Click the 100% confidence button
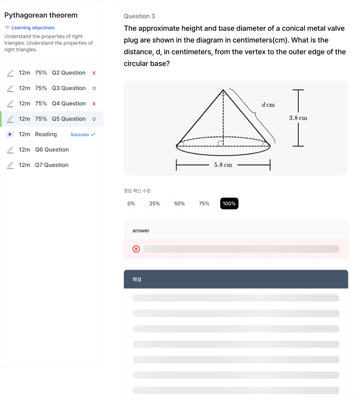229,203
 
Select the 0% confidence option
131,203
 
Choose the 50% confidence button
180,203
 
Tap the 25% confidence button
155,203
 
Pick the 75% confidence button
204,203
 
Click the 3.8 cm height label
298,118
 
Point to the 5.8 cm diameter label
223,165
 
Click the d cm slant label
268,105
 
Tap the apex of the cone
223,90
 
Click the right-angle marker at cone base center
221,143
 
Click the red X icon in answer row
136,249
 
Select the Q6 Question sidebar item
52,149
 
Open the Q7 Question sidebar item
52,165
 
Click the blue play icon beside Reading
10,134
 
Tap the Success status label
80,135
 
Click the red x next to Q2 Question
94,73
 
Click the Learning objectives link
33,28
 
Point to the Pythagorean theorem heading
41,15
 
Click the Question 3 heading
139,16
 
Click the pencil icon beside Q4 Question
10,104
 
